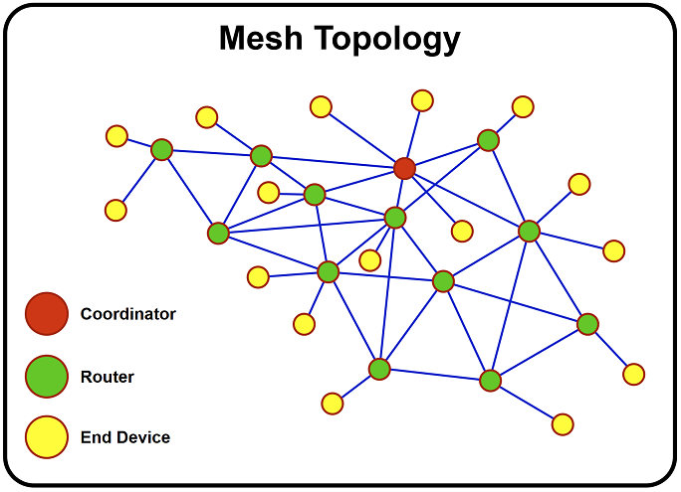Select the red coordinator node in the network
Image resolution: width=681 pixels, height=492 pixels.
[x=404, y=168]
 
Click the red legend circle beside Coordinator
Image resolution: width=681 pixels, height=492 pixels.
[x=46, y=314]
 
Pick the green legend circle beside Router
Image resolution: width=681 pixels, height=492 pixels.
[x=46, y=376]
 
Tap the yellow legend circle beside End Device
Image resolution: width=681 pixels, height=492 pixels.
[x=46, y=437]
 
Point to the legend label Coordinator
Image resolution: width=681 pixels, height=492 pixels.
[x=127, y=314]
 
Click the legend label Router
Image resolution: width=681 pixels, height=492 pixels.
[x=107, y=377]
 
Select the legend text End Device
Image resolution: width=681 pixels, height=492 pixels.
[x=124, y=437]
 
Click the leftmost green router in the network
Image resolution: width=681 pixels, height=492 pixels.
[x=161, y=150]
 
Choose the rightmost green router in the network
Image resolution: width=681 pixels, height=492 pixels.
[x=587, y=324]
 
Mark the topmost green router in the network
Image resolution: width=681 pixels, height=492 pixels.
[x=488, y=140]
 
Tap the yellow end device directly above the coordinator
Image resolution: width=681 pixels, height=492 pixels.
[x=422, y=100]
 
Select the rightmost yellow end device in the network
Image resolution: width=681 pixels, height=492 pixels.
[x=633, y=374]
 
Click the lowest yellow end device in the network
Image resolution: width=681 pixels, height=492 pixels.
[x=563, y=424]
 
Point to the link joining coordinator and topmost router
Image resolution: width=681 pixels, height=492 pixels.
[x=446, y=154]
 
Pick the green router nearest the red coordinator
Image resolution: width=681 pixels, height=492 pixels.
[x=395, y=217]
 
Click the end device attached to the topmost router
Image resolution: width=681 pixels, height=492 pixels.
[x=522, y=106]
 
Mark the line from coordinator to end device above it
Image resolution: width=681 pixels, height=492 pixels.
[x=413, y=134]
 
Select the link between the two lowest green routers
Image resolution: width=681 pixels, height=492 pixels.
[x=434, y=375]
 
